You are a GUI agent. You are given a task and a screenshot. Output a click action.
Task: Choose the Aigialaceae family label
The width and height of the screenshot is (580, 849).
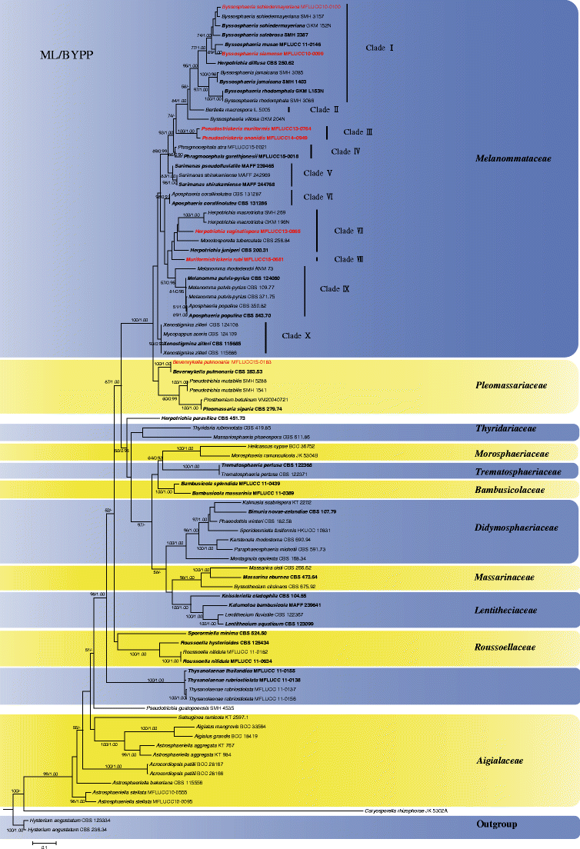tap(523, 761)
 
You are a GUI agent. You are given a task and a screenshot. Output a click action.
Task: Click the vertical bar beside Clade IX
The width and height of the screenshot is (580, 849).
tap(305, 290)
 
